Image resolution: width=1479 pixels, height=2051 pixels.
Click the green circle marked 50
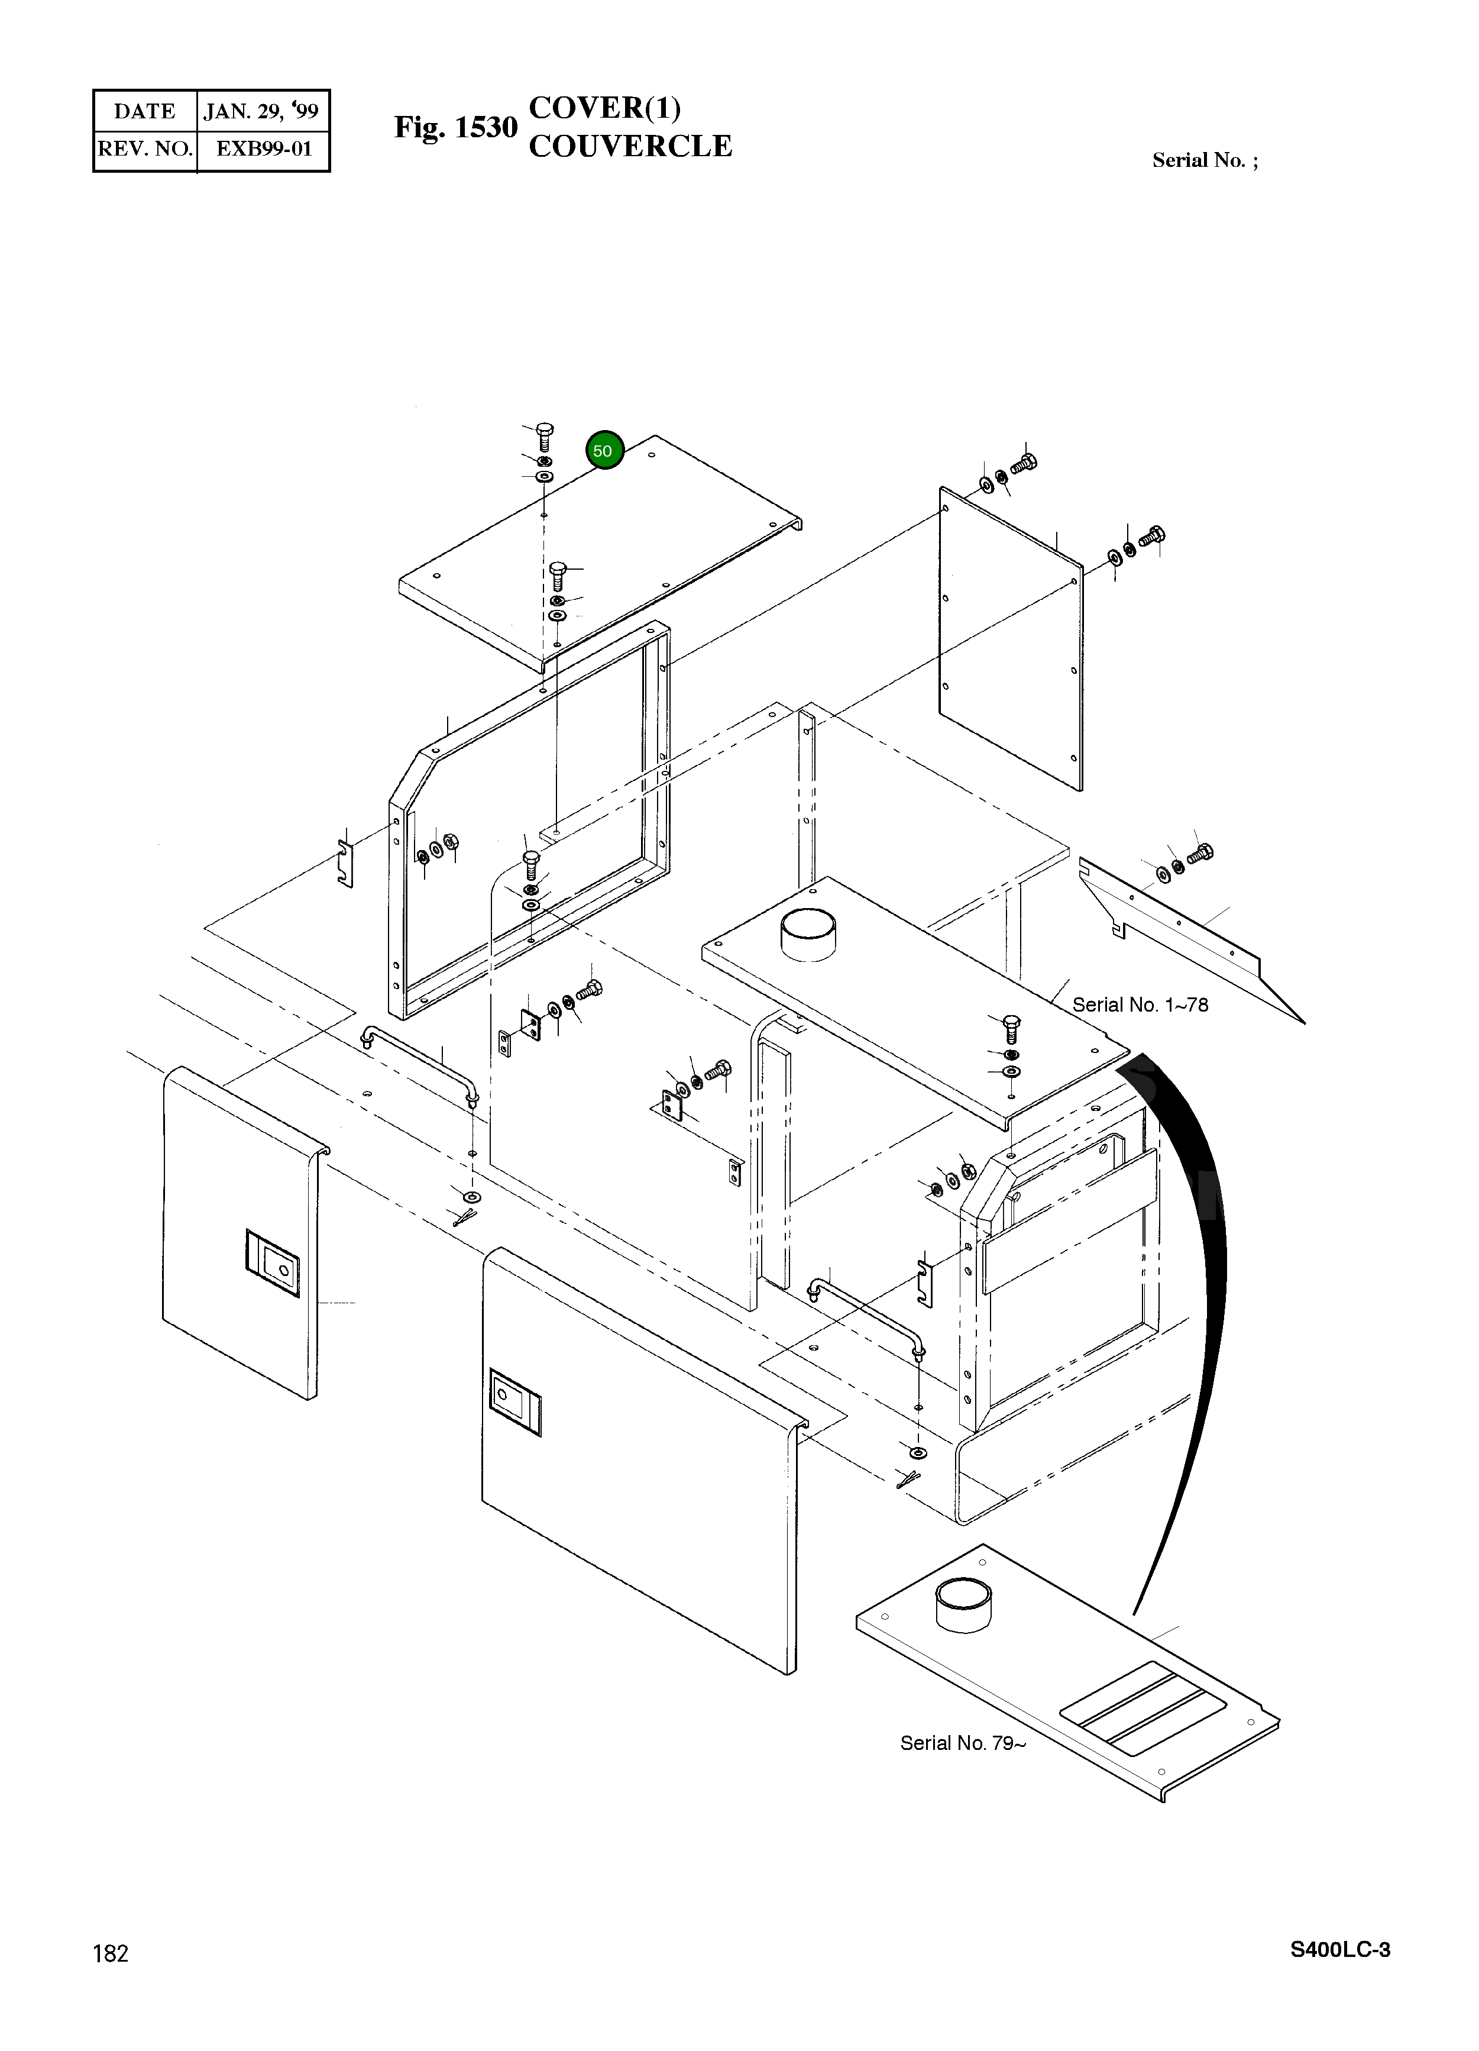pyautogui.click(x=604, y=450)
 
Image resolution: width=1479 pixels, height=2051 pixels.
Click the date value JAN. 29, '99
pyautogui.click(x=261, y=111)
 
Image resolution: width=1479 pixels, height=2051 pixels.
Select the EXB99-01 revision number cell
pyautogui.click(x=263, y=149)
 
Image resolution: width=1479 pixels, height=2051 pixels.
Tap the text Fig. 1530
pyautogui.click(x=455, y=128)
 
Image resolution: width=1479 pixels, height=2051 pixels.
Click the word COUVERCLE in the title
pyautogui.click(x=630, y=147)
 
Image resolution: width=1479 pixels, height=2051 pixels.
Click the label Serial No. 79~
pyautogui.click(x=962, y=1743)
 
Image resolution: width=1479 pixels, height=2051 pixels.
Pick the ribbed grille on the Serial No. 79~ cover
pyautogui.click(x=1143, y=1702)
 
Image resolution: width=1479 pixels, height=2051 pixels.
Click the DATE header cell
pyautogui.click(x=145, y=111)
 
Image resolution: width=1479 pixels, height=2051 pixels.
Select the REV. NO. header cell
pyautogui.click(x=145, y=149)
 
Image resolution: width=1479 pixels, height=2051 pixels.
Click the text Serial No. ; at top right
pyautogui.click(x=1204, y=160)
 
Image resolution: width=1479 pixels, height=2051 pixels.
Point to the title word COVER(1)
pyautogui.click(x=604, y=108)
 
